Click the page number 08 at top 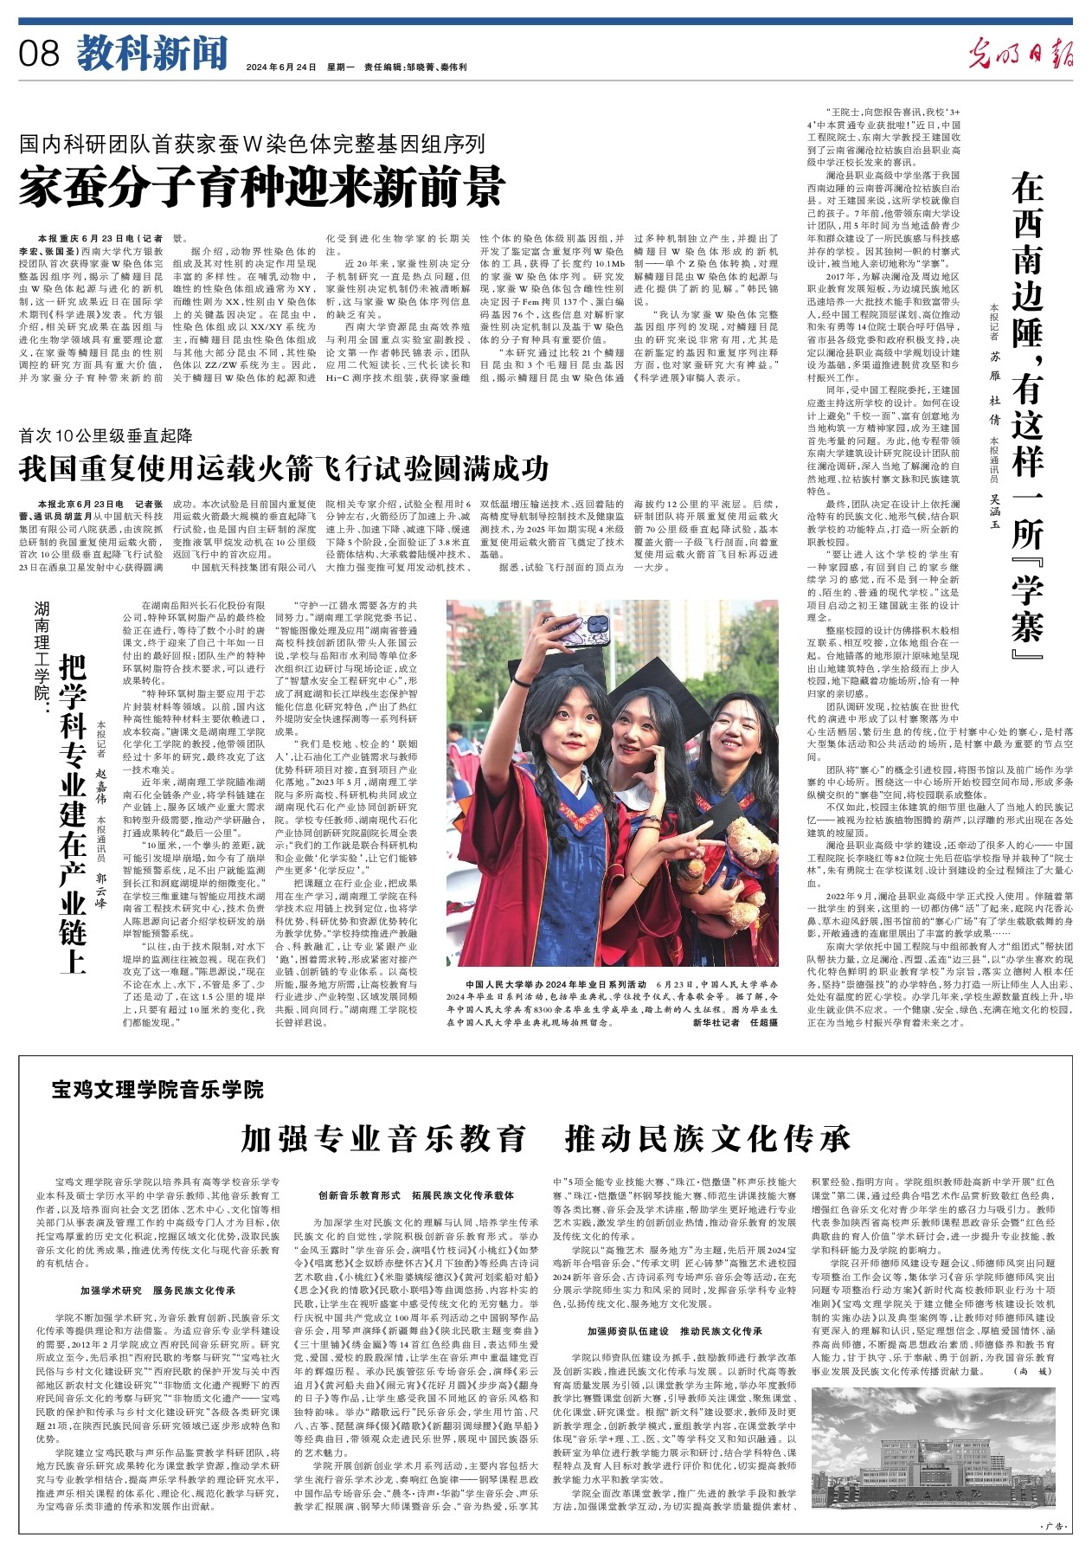[x=40, y=54]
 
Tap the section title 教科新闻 [x=152, y=54]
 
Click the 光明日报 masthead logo [x=1020, y=54]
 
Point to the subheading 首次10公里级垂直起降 [x=106, y=435]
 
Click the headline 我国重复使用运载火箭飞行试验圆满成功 [x=284, y=469]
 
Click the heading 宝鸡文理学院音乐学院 [x=157, y=1089]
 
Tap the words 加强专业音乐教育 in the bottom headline [x=383, y=1138]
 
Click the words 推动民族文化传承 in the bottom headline [x=707, y=1138]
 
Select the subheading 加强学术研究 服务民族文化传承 [x=157, y=1290]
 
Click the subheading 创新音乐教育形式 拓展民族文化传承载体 [x=415, y=1196]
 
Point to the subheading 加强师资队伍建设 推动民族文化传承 [x=674, y=1330]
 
